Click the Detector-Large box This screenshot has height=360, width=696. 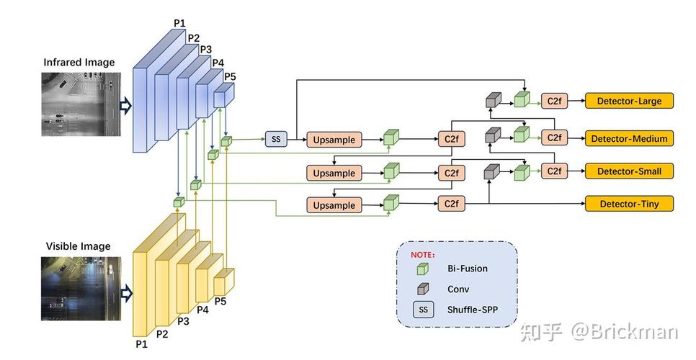pyautogui.click(x=629, y=102)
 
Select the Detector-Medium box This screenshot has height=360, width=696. pyautogui.click(x=629, y=138)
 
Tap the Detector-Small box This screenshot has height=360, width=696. pyautogui.click(x=629, y=171)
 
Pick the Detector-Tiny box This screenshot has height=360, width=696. pyautogui.click(x=629, y=204)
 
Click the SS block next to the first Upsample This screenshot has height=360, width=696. pyautogui.click(x=276, y=138)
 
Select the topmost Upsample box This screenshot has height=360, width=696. pyautogui.click(x=334, y=140)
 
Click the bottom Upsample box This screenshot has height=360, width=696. pyautogui.click(x=334, y=205)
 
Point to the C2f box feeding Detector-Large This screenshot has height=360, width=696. pyautogui.click(x=553, y=102)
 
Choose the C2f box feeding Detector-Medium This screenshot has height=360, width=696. pyautogui.click(x=553, y=138)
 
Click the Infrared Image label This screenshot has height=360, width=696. pyautogui.click(x=79, y=63)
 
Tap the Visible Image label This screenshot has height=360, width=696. pyautogui.click(x=78, y=246)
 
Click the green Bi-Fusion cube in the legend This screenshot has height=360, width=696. pyautogui.click(x=423, y=269)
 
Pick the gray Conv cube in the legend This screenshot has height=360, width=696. pyautogui.click(x=423, y=289)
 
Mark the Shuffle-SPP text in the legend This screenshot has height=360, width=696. pyautogui.click(x=473, y=310)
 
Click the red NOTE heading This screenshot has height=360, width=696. pyautogui.click(x=423, y=254)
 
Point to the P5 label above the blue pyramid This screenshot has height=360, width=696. pyautogui.click(x=230, y=76)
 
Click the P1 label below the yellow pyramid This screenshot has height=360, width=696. pyautogui.click(x=140, y=344)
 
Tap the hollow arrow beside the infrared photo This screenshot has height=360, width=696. pyautogui.click(x=125, y=107)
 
